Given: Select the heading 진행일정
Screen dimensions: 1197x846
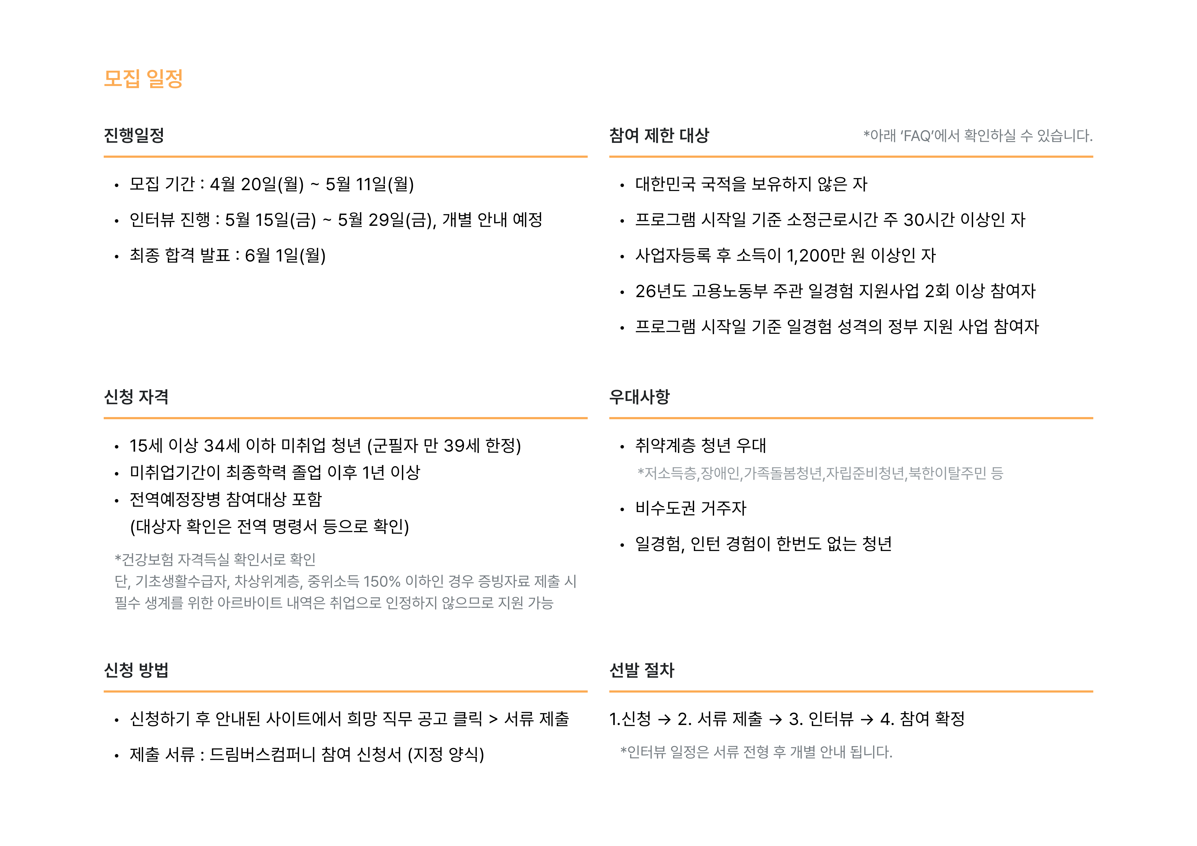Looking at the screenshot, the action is coord(134,136).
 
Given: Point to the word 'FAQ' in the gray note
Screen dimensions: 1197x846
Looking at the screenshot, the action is coord(917,136).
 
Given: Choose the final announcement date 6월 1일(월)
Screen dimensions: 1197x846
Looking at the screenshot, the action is coord(285,256).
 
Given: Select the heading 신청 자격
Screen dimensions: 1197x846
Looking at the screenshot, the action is coord(136,397).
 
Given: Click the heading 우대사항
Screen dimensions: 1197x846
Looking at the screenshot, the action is coord(639,397).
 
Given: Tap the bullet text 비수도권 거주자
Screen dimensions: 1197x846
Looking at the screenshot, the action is coord(691,508).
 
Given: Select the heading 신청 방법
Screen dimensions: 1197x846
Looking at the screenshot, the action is coord(136,670).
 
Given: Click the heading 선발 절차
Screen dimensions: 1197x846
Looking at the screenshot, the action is coord(642,670).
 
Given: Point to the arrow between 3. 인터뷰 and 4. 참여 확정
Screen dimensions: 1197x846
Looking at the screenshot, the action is coord(867,720).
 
